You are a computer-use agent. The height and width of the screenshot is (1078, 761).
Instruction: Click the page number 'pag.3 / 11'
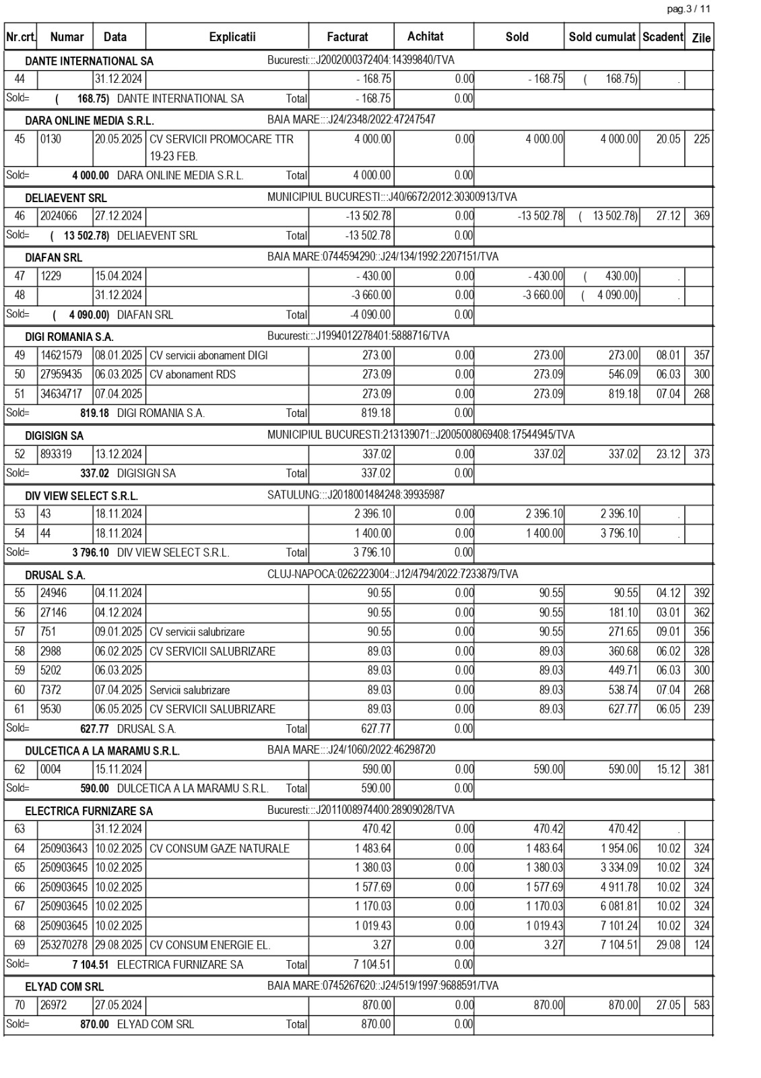click(x=688, y=9)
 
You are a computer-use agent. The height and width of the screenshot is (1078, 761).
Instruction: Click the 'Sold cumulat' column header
click(x=602, y=37)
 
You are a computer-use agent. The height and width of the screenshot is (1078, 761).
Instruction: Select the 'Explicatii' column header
click(x=232, y=37)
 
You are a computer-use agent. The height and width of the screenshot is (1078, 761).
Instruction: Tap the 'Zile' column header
click(x=701, y=38)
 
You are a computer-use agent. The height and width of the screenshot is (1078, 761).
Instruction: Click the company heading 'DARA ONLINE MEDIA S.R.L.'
click(x=90, y=121)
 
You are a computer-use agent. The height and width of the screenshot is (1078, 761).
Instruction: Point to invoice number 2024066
click(x=59, y=216)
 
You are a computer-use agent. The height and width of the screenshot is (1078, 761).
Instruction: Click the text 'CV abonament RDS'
click(x=193, y=375)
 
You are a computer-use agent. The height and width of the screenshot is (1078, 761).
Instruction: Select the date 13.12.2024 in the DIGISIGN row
click(x=119, y=454)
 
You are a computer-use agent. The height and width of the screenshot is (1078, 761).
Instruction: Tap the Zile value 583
click(x=702, y=1005)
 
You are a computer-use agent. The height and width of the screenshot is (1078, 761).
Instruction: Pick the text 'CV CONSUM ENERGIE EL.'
click(x=210, y=945)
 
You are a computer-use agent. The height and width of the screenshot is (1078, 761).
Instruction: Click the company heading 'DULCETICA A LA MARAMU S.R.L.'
click(x=102, y=751)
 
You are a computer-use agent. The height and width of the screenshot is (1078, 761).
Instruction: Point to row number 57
click(x=20, y=632)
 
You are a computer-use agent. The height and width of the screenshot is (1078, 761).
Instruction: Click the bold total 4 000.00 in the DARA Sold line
click(x=90, y=175)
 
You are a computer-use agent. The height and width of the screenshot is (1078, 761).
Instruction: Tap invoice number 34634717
click(x=61, y=394)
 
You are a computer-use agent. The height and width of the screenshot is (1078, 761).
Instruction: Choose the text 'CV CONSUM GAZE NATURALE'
click(x=220, y=849)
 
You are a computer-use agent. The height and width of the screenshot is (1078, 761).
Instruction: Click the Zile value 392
click(x=702, y=594)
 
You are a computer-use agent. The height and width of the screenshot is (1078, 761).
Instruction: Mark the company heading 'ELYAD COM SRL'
click(x=65, y=987)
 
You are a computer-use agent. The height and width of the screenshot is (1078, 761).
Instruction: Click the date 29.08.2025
click(x=119, y=945)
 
